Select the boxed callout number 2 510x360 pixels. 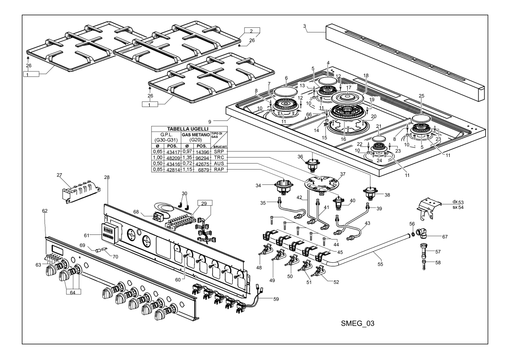coord(251,31)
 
